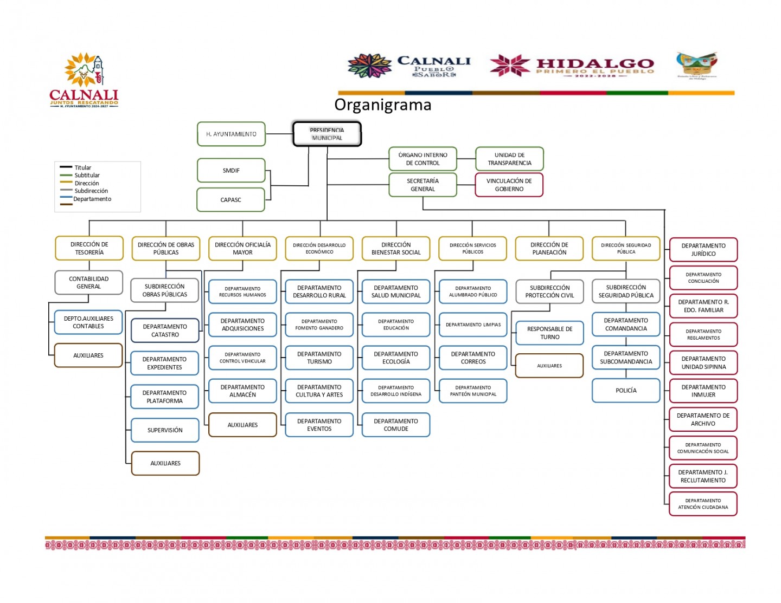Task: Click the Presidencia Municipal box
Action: tap(327, 134)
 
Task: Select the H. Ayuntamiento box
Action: tap(231, 134)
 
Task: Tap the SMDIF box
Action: tap(231, 171)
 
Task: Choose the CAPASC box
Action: tap(231, 200)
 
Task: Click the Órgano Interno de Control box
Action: tap(422, 159)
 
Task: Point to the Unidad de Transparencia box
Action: tap(509, 159)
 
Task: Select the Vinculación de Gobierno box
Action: tap(509, 185)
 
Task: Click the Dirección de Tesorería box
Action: tap(89, 248)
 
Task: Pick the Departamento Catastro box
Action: tap(165, 330)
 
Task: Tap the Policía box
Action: tap(626, 391)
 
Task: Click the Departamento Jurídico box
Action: tap(703, 250)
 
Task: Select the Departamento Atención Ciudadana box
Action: tap(703, 504)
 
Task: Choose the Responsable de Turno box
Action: tap(549, 333)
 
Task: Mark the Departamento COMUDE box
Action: tap(396, 425)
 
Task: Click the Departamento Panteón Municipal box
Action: tap(473, 391)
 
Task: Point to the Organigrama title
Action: tap(382, 105)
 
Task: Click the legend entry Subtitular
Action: tap(87, 175)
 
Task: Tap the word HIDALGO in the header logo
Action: tap(595, 64)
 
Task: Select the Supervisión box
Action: tap(165, 430)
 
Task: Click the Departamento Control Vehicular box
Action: tap(242, 358)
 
